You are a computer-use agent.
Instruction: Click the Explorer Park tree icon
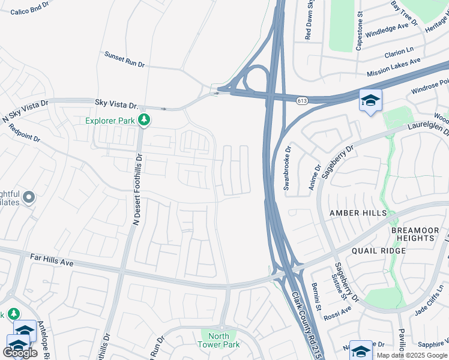click(x=143, y=120)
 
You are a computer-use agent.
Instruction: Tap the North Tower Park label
click(x=219, y=340)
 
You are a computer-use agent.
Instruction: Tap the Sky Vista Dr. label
click(x=116, y=104)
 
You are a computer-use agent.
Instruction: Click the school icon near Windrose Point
click(x=370, y=100)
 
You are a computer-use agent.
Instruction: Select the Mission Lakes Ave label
click(x=398, y=67)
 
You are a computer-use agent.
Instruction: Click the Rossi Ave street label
click(x=337, y=313)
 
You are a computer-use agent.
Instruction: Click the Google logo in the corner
click(x=20, y=353)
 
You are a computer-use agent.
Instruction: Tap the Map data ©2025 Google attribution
click(x=412, y=355)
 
